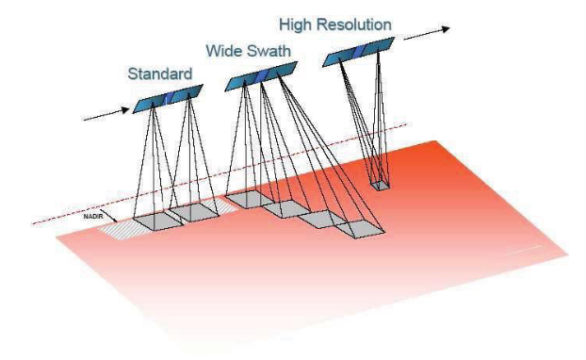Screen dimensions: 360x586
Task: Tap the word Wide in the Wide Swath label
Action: (x=224, y=49)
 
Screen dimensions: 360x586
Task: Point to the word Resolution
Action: (x=368, y=21)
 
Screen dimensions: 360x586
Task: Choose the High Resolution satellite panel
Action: (x=360, y=54)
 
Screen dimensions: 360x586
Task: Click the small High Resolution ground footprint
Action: (x=379, y=186)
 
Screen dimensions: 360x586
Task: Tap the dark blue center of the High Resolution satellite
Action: (x=360, y=54)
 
